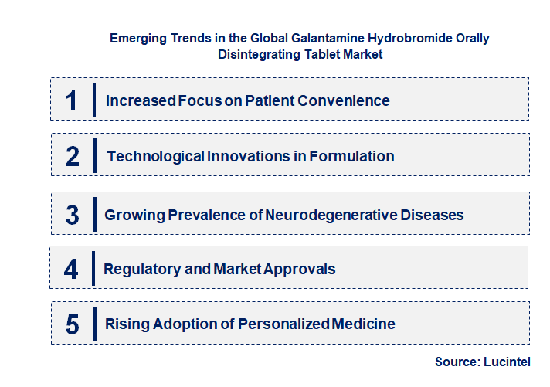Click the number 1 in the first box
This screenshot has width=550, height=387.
tap(72, 101)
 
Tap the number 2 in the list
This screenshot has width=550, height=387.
tap(73, 157)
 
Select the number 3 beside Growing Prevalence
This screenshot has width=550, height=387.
tap(73, 216)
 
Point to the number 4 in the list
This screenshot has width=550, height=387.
tap(72, 270)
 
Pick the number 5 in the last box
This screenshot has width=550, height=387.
tap(73, 324)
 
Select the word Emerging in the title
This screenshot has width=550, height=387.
tap(137, 38)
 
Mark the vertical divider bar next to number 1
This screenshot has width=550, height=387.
tap(93, 100)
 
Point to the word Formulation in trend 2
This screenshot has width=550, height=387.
tap(351, 157)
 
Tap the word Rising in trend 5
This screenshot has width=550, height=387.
tap(124, 324)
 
